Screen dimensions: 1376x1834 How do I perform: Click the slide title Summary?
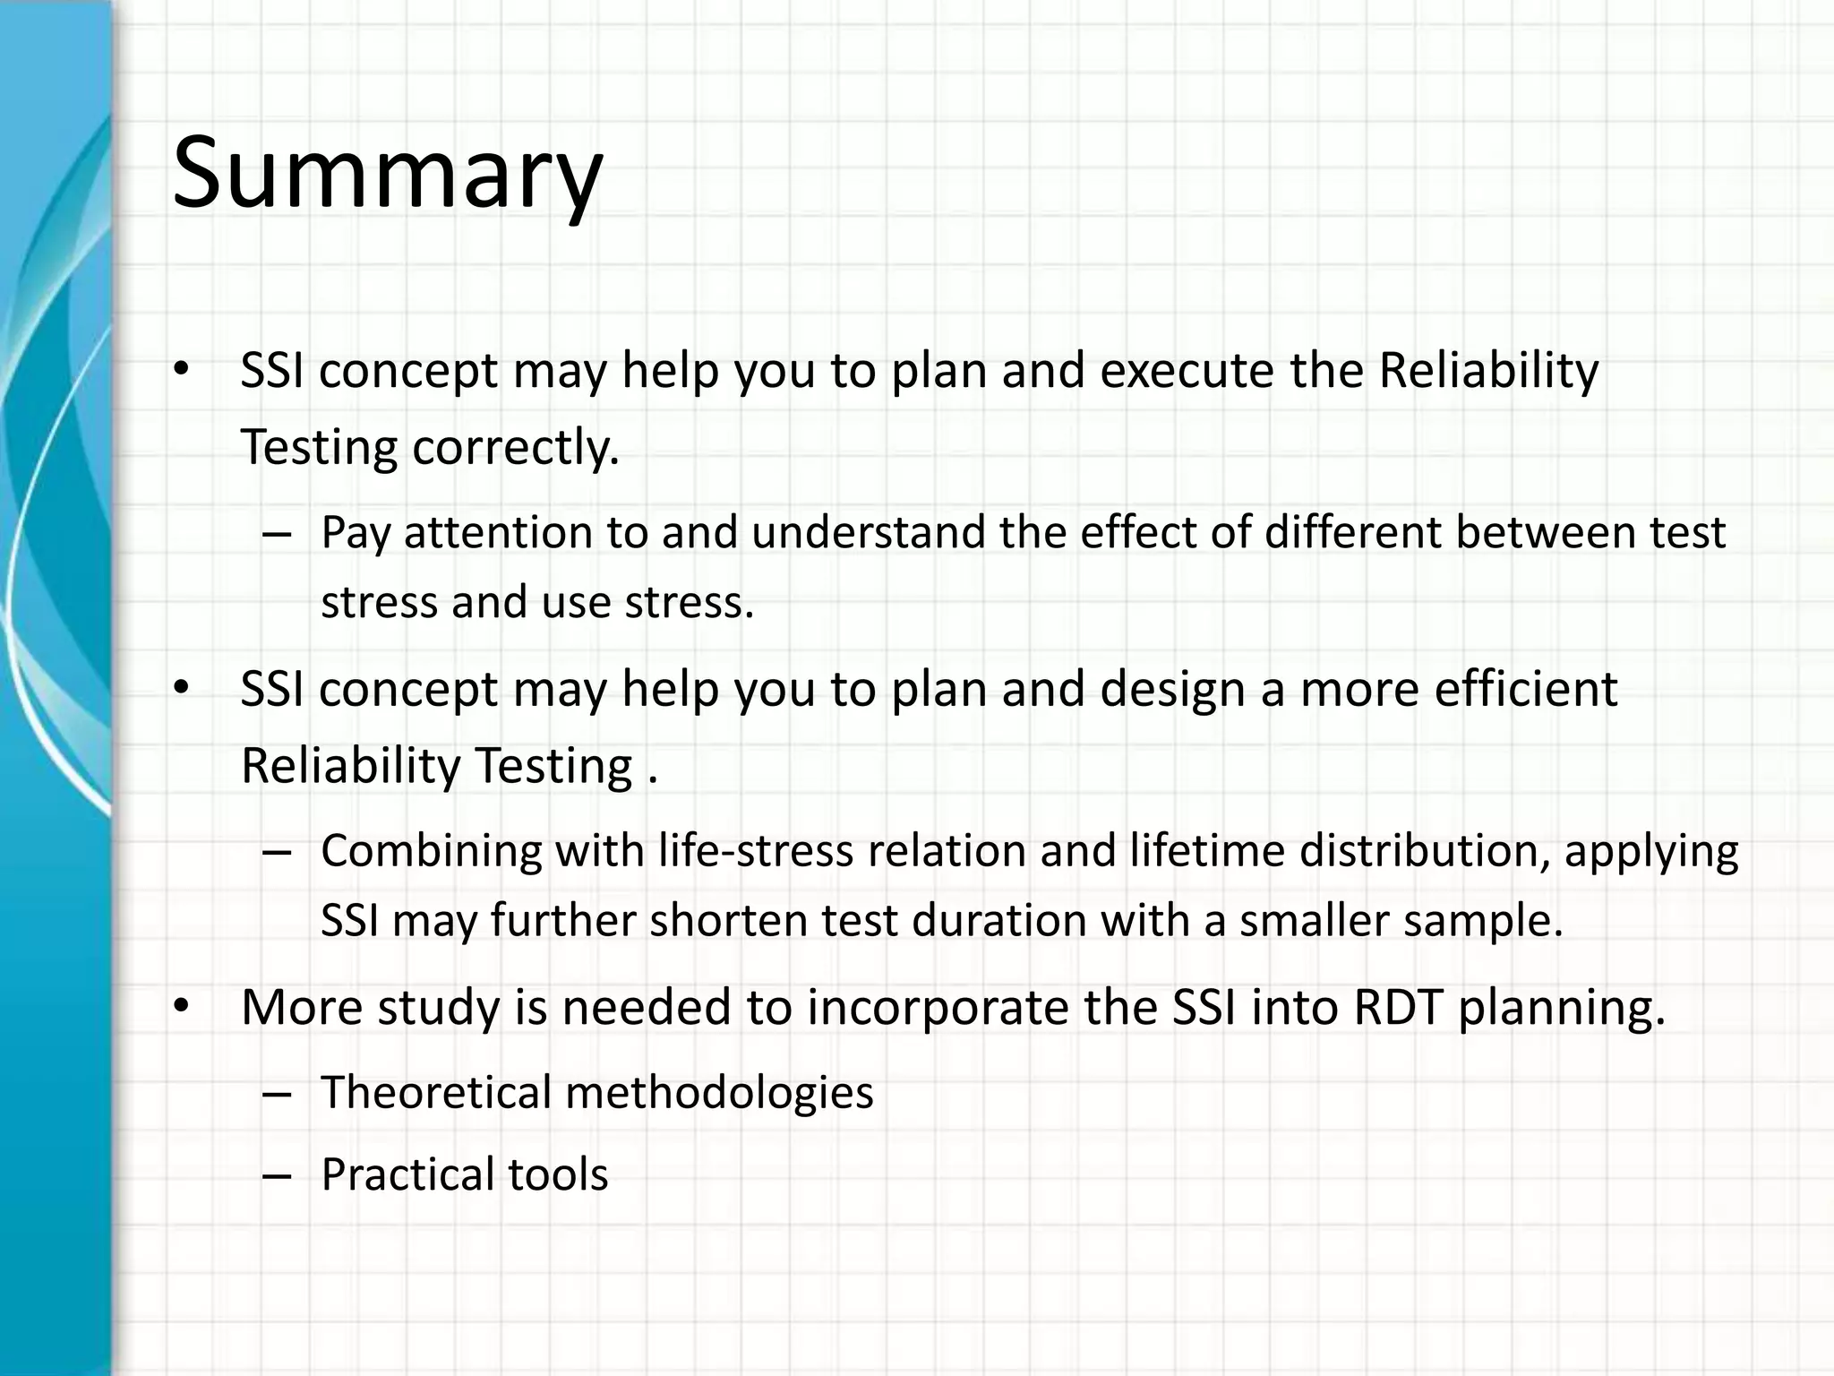[387, 172]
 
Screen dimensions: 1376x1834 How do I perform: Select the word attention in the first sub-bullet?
[498, 532]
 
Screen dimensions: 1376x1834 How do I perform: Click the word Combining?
[431, 850]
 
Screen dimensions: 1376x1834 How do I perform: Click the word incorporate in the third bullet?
[937, 1007]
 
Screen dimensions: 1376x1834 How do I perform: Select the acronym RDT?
[1397, 1007]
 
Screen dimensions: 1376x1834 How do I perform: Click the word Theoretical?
[436, 1092]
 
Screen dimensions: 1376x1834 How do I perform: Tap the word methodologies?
[719, 1092]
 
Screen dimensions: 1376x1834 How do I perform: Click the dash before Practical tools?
[278, 1175]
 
